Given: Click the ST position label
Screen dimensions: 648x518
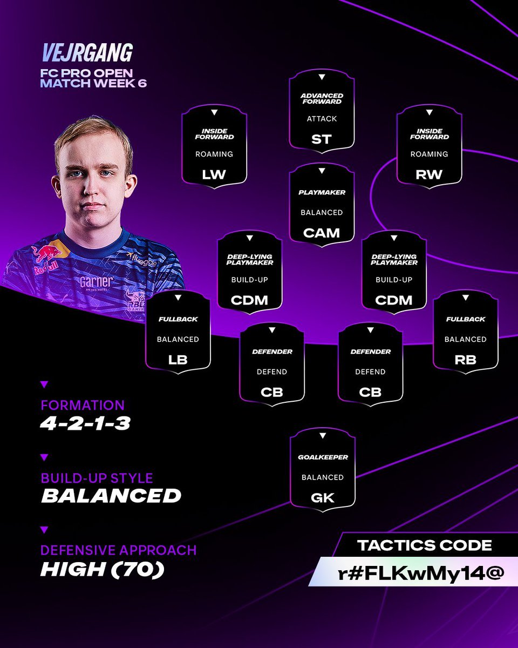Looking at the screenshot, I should coord(322,139).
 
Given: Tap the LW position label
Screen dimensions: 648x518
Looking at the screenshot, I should coord(214,174).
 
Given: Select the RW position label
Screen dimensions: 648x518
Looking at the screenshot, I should coord(429,174).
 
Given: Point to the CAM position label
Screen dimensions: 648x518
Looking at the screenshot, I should coord(322,233).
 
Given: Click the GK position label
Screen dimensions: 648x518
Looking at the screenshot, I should coord(322,497).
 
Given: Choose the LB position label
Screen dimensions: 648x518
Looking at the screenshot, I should coord(178,360).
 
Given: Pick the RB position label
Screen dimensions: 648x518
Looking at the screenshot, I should coord(465,360).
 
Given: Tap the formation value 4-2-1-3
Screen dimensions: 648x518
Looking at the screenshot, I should coord(85,423).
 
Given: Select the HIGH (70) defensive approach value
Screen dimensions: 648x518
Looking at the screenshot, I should coord(102,570).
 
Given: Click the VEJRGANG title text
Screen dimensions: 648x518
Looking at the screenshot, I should coord(87,53).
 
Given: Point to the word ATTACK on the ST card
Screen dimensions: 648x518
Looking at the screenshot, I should coord(322,119).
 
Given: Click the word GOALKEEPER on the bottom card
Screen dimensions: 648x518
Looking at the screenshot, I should coord(322,457).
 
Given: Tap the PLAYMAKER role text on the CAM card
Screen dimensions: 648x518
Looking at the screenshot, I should coord(322,192).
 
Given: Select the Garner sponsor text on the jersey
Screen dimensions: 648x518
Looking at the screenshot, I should coord(97,282).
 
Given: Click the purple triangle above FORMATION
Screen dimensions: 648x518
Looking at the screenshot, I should coord(44,384).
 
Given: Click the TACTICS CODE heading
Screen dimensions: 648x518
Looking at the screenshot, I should coord(425,545).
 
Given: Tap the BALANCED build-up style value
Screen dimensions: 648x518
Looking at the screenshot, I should coord(111,496).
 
